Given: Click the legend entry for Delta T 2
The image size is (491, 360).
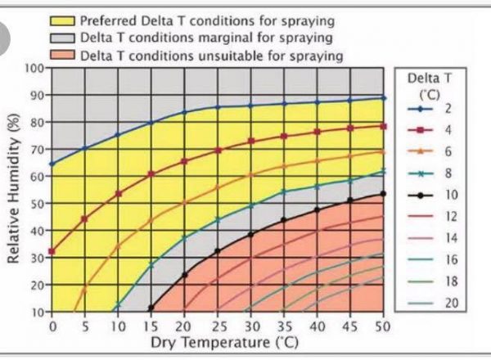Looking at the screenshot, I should coord(435,108).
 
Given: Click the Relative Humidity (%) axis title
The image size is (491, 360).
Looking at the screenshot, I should coord(14,190).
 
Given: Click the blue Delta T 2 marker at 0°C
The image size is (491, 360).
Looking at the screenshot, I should coord(52,164).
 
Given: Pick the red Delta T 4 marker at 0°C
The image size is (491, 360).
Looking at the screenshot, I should coord(52,251).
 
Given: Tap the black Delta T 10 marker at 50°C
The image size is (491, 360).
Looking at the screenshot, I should coord(383,194).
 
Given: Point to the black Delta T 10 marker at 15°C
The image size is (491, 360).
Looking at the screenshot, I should coord(151,308).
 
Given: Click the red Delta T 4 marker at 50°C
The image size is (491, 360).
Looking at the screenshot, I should coord(383,126).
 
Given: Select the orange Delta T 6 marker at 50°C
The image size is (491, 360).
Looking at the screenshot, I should coord(383,151).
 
